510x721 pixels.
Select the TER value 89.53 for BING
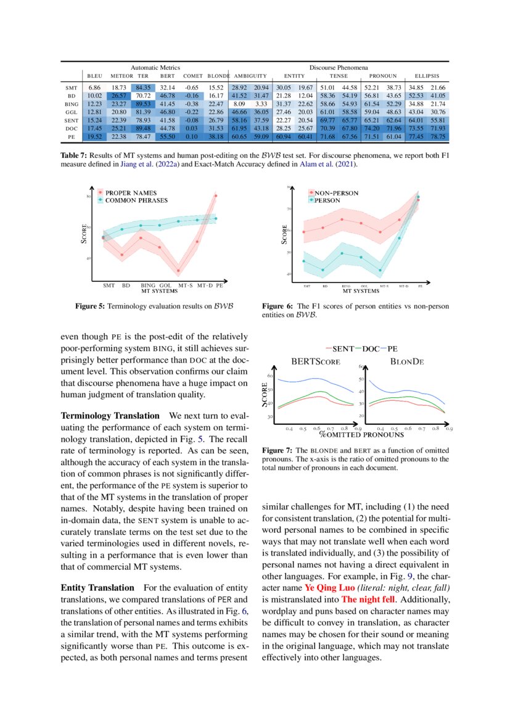pos(143,104)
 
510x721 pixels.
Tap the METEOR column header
pos(121,76)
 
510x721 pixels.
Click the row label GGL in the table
pos(71,112)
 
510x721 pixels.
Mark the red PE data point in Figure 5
pos(216,196)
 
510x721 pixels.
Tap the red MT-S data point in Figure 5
pos(179,271)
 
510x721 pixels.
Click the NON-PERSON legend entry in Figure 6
pos(336,193)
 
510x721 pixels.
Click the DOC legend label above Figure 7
pos(371,349)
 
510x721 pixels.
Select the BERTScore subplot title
pos(315,362)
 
